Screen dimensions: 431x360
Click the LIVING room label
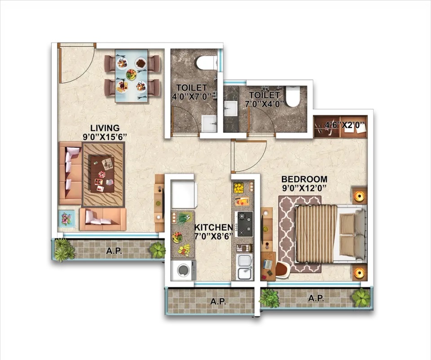coord(105,128)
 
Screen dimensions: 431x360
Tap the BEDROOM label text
coord(304,179)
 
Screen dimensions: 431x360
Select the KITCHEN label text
coord(214,227)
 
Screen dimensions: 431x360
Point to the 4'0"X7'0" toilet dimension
coord(191,96)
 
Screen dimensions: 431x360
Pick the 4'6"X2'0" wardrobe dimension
coord(345,125)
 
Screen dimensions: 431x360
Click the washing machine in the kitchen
coord(183,270)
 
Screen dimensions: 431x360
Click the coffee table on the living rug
coord(102,174)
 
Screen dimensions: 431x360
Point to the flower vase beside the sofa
coord(66,218)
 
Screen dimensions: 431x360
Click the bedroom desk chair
coord(282,268)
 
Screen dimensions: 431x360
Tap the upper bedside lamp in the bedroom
coord(359,196)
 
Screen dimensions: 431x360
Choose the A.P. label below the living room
coord(114,251)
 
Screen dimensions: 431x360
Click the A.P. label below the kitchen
coord(218,302)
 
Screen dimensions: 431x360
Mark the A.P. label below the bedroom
coord(316,298)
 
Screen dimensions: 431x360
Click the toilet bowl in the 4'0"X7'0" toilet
coord(207,62)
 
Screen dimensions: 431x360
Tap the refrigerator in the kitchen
coord(184,194)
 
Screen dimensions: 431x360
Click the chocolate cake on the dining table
coord(141,63)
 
